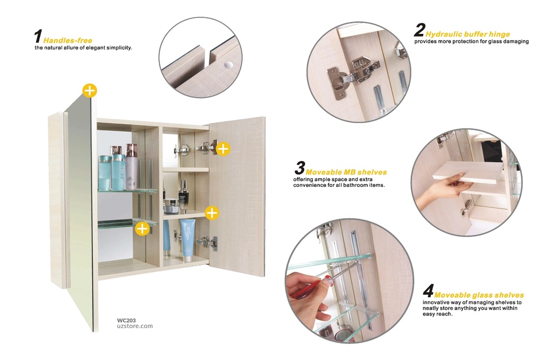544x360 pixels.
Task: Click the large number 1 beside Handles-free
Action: (38, 37)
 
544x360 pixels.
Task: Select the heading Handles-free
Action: (67, 40)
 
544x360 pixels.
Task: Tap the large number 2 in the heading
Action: (419, 31)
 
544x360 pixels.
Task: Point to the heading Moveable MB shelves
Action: (346, 172)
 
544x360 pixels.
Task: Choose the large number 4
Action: (428, 292)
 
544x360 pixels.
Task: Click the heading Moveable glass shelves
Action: (479, 295)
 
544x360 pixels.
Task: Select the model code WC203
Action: (126, 320)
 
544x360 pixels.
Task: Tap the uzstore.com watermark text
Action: (134, 327)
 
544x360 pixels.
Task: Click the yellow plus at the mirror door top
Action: (90, 90)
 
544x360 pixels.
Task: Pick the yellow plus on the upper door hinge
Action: (223, 149)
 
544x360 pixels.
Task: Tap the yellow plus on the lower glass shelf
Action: (142, 228)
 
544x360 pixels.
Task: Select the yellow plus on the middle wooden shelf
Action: (211, 213)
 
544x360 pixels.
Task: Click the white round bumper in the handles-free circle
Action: (228, 64)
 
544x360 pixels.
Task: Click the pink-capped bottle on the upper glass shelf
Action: (131, 166)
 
